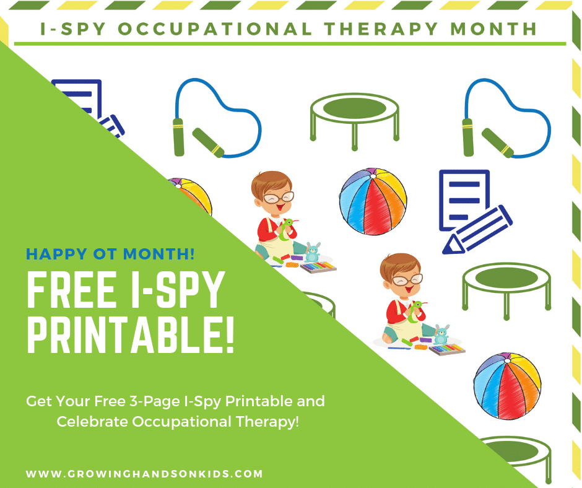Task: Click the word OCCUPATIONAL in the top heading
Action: point(215,29)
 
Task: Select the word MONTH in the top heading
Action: point(493,29)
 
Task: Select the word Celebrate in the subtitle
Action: point(92,422)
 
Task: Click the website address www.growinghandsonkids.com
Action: point(144,474)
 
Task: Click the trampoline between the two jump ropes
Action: point(355,121)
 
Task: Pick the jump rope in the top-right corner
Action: point(507,118)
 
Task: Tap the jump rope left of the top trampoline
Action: point(217,118)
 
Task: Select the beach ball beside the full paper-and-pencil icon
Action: point(373,201)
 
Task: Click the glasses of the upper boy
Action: point(279,198)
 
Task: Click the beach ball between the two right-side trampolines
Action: point(507,386)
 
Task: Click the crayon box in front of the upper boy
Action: point(318,268)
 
